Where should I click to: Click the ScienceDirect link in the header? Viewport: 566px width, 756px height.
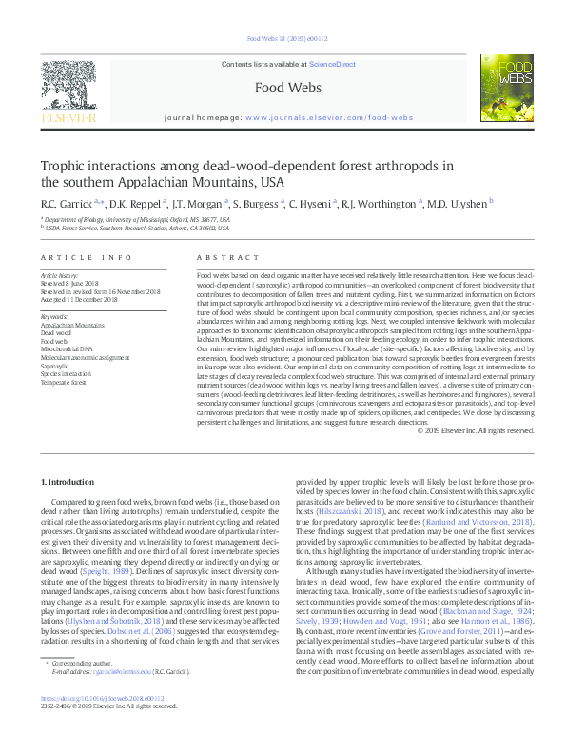(333, 64)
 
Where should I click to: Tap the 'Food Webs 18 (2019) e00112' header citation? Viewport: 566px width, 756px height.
(287, 39)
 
